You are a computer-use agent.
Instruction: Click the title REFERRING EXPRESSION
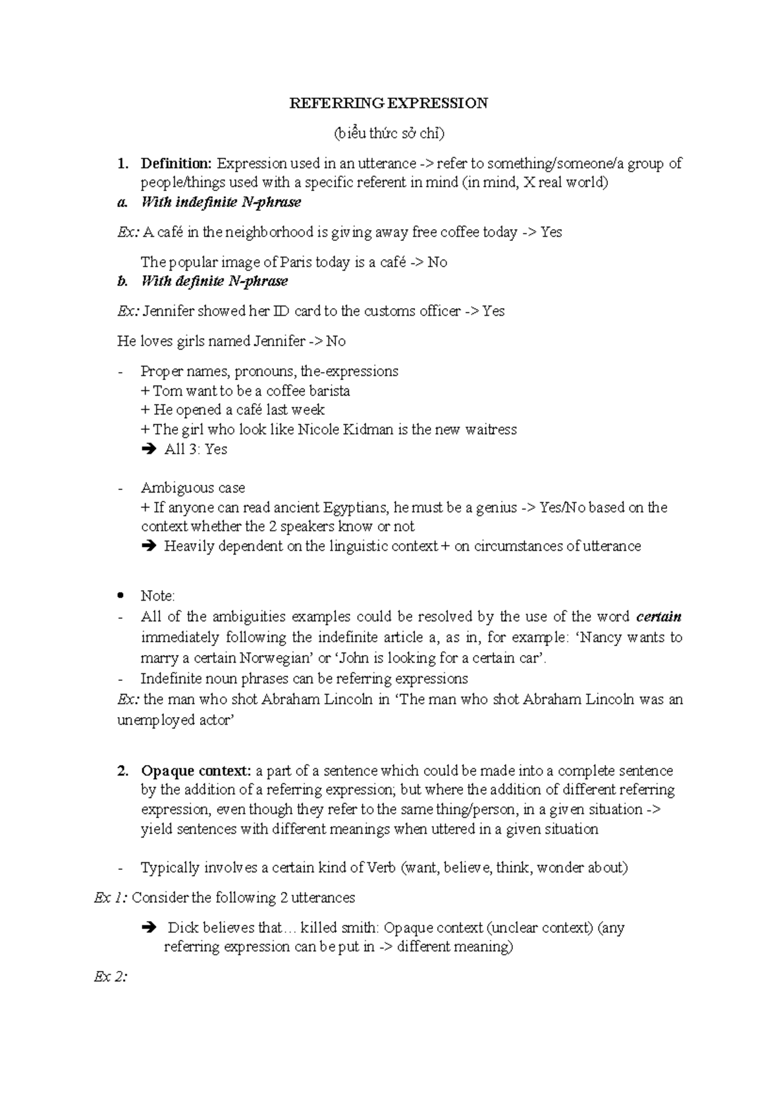388,104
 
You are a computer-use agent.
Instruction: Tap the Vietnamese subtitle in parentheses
388,133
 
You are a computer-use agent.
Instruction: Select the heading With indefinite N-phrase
221,202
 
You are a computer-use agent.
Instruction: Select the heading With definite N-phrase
214,281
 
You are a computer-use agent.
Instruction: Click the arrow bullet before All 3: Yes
148,449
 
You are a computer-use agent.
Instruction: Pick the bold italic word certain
659,616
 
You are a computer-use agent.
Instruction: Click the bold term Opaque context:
196,771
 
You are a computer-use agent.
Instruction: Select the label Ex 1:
111,898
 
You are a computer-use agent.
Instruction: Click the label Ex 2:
109,977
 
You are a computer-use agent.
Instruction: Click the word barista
329,391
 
